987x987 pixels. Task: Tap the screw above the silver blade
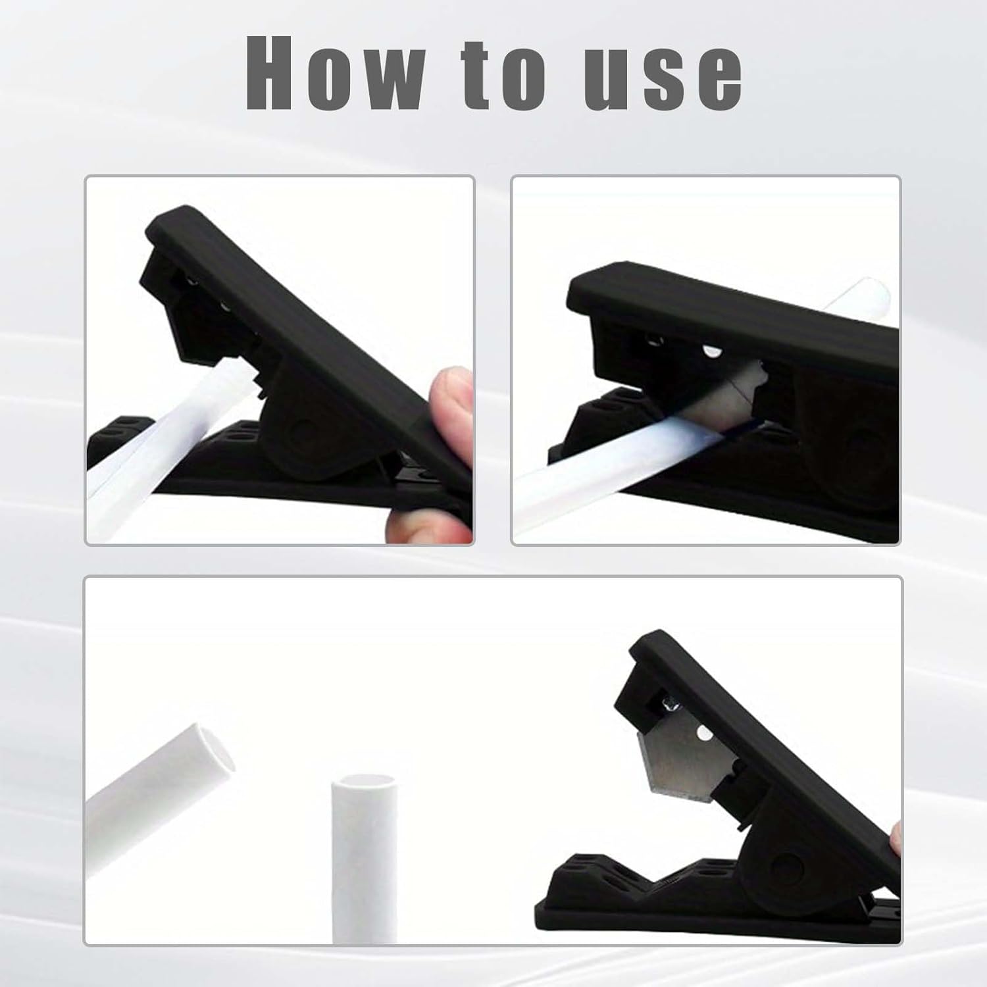pos(670,707)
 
